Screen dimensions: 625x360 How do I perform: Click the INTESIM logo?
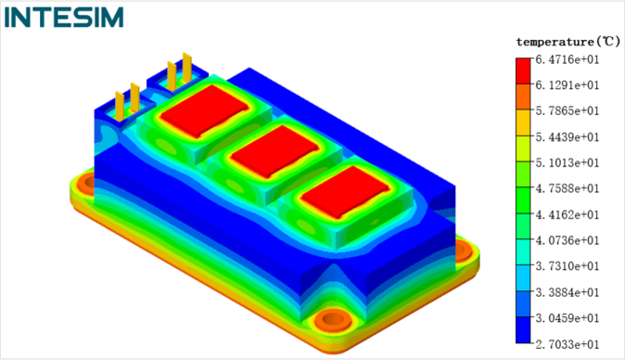64,18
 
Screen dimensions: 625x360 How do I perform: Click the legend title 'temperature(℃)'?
568,42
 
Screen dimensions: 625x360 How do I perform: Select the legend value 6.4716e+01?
568,59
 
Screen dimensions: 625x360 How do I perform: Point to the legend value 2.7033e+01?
568,344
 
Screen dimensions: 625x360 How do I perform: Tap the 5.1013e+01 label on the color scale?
568,163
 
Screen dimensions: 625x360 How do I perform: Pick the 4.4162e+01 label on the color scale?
568,215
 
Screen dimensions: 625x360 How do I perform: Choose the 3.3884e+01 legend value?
568,292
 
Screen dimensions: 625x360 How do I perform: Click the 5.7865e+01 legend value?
568,110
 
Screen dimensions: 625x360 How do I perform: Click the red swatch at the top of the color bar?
523,71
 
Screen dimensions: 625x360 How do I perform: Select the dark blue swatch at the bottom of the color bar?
523,330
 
